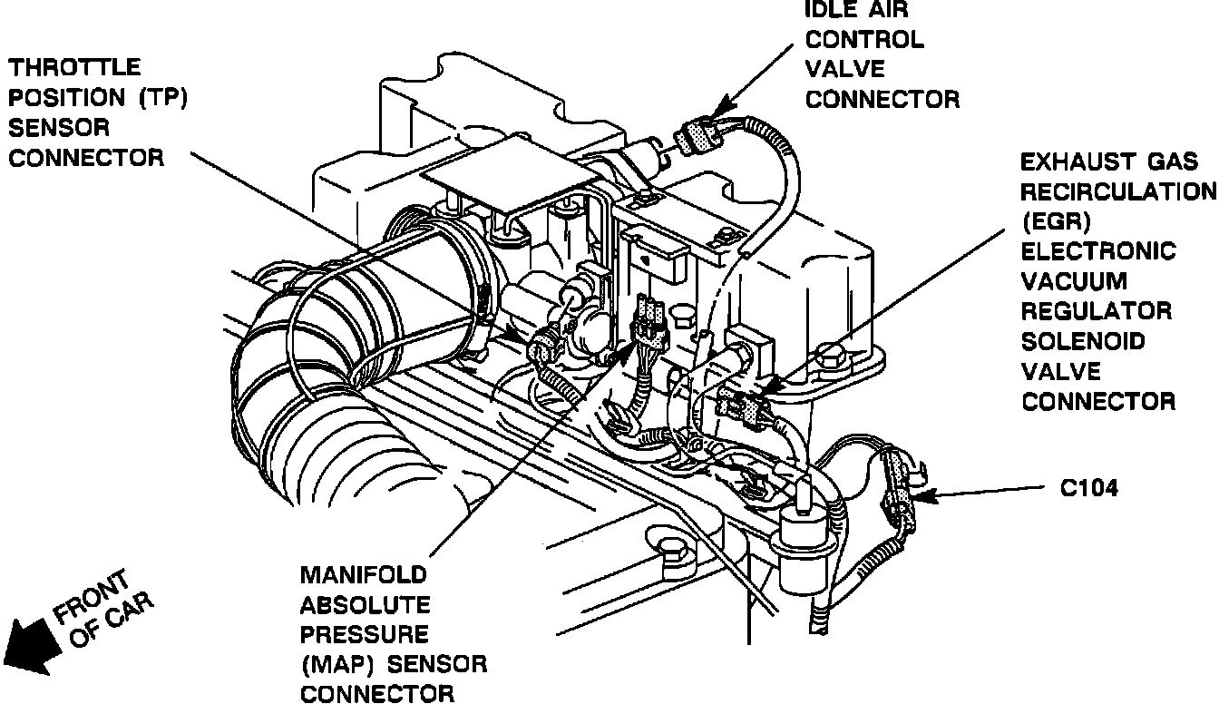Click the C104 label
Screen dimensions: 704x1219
pos(1088,488)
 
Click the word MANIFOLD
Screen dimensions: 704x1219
pos(363,575)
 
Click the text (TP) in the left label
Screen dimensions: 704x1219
pos(162,97)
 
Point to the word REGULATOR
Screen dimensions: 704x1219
pos(1096,312)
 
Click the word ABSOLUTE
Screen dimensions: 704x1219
pos(365,605)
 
